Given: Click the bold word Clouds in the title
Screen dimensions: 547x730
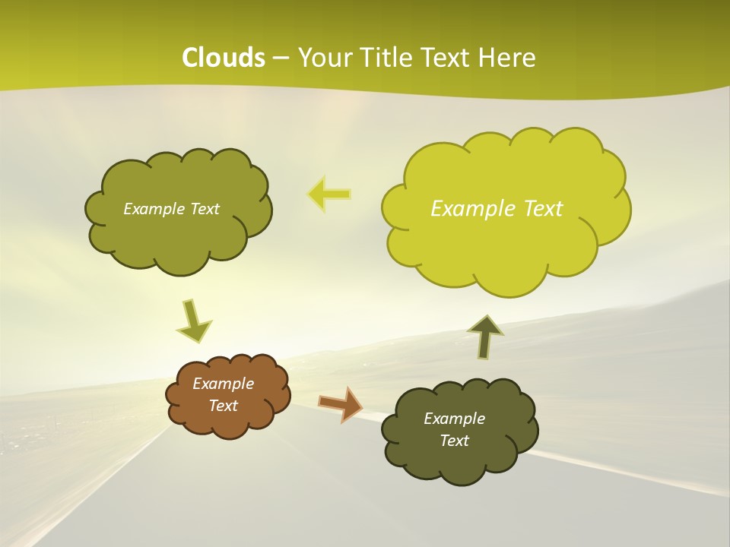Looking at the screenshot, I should pyautogui.click(x=223, y=58).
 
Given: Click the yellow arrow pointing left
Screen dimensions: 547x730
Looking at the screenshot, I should pyautogui.click(x=329, y=194).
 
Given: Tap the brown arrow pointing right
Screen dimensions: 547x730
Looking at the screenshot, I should pyautogui.click(x=341, y=403).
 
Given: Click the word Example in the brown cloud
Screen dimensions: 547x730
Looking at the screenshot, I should pyautogui.click(x=223, y=384).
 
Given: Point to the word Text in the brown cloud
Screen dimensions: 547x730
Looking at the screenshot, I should pyautogui.click(x=223, y=406).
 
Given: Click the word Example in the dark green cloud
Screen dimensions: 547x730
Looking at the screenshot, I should pyautogui.click(x=454, y=419).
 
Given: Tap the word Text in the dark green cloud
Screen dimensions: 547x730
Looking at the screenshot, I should pyautogui.click(x=454, y=441).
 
